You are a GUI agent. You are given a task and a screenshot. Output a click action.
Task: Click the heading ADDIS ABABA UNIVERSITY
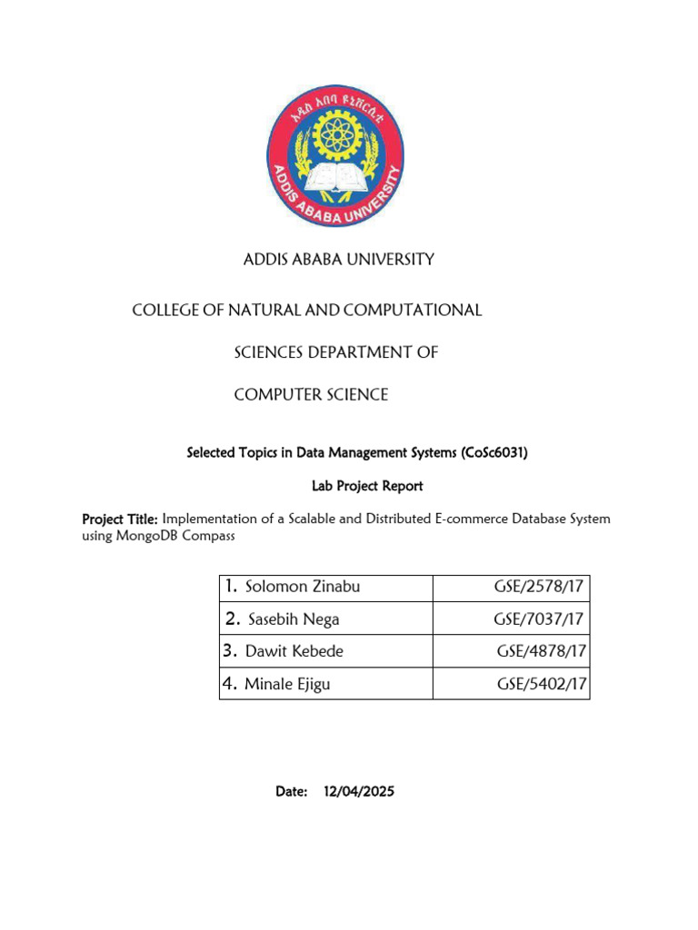[339, 260]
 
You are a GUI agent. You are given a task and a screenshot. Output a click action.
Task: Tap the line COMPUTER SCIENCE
[311, 395]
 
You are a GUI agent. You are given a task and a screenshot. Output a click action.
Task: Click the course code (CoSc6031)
[494, 452]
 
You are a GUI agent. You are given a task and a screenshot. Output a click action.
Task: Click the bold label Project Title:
[121, 519]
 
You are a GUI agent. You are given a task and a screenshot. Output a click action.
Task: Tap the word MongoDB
[144, 536]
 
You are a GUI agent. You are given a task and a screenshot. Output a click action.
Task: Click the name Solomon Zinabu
[303, 587]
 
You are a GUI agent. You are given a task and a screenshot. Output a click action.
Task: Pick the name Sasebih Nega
[294, 619]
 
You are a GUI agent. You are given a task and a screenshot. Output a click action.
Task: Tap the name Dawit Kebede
[294, 651]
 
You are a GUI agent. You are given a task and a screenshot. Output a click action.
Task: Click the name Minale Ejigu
[287, 684]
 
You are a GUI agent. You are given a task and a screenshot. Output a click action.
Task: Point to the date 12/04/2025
[359, 792]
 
